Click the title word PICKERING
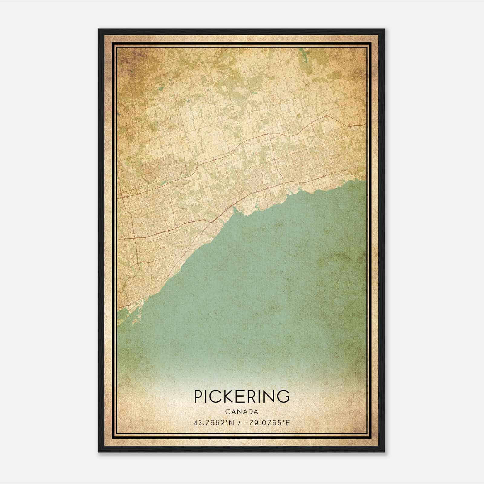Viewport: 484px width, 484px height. point(242,396)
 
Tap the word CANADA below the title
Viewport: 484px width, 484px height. point(242,412)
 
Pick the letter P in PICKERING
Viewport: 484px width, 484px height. point(198,396)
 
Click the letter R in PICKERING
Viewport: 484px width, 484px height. point(253,396)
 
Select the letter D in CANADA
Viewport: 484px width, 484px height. point(250,412)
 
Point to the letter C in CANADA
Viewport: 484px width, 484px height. point(227,412)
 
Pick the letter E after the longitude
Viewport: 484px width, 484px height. point(288,423)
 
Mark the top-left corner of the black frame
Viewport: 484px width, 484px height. point(99,29)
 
